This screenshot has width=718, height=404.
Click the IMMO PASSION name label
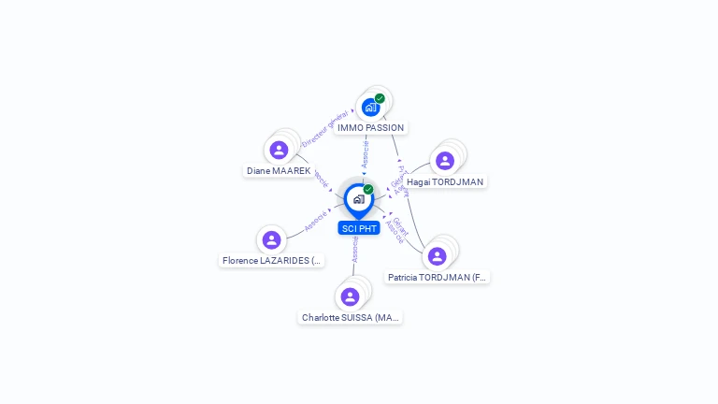click(x=371, y=127)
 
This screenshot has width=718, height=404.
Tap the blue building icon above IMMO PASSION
click(x=370, y=108)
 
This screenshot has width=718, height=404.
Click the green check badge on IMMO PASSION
click(x=380, y=98)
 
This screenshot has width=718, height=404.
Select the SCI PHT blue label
click(x=359, y=228)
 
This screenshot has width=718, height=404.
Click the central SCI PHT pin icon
click(x=358, y=199)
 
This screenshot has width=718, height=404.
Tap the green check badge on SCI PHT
click(x=368, y=189)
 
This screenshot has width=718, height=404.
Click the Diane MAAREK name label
click(x=279, y=171)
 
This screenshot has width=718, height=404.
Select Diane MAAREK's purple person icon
click(x=279, y=150)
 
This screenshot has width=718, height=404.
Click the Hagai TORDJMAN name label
click(x=445, y=181)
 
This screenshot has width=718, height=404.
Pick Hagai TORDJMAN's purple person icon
click(x=445, y=160)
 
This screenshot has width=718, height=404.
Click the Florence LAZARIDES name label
click(x=272, y=260)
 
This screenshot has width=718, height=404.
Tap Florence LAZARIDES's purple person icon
click(x=272, y=240)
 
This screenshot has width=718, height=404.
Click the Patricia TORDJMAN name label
click(x=438, y=277)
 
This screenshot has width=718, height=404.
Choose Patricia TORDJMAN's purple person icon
click(x=437, y=256)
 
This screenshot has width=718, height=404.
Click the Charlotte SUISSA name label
click(x=351, y=317)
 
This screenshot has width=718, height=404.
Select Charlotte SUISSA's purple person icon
click(x=351, y=296)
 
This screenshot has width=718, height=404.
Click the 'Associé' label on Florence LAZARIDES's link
click(x=316, y=221)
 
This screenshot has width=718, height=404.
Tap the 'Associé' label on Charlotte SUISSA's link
click(x=355, y=249)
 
